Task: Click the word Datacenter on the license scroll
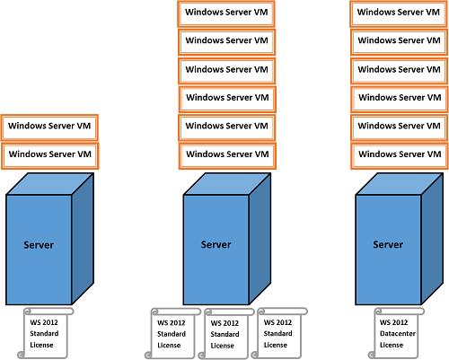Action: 398,333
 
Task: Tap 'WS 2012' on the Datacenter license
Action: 393,322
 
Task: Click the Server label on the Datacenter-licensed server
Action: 388,244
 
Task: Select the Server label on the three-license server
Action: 216,244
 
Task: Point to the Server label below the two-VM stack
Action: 39,245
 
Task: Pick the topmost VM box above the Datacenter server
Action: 399,13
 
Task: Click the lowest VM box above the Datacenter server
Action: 400,156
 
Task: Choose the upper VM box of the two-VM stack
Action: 49,127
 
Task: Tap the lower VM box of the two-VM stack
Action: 50,156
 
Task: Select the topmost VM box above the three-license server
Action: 226,14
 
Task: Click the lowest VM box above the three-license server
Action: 227,156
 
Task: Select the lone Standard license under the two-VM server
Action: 46,333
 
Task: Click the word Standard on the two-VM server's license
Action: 44,333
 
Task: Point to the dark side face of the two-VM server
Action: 83,238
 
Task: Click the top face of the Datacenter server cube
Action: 400,184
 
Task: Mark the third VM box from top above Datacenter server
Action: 400,71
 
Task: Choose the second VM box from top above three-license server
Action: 226,42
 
